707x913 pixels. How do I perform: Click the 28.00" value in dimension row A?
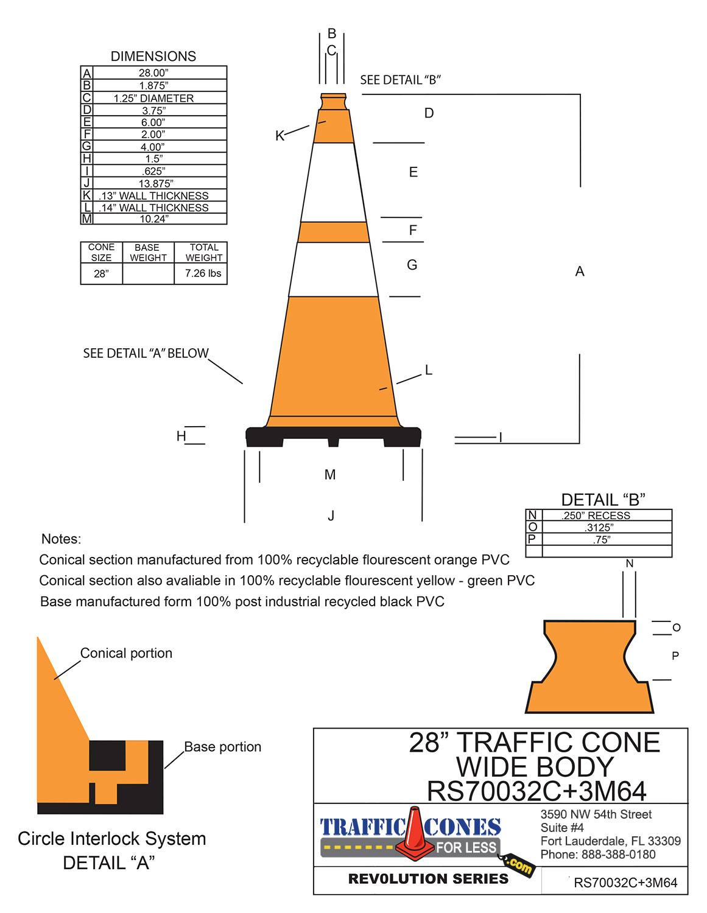[153, 73]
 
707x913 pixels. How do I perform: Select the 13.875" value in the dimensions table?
[156, 183]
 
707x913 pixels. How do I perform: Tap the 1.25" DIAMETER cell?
[153, 98]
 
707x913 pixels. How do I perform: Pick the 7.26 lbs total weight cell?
[203, 273]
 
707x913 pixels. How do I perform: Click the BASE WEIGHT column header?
[147, 253]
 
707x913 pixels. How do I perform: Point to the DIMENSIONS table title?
[153, 57]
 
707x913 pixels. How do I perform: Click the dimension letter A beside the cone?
[580, 271]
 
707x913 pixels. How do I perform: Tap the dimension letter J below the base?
[331, 516]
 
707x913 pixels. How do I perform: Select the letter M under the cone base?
[330, 475]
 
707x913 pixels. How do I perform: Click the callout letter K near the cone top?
[280, 136]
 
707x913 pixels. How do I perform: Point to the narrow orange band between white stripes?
[334, 232]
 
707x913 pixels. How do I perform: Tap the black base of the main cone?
[333, 436]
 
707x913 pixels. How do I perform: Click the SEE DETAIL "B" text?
[400, 80]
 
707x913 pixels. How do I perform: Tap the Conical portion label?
[126, 653]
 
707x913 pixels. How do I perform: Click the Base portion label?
[222, 747]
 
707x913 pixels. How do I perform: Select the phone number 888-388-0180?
[618, 855]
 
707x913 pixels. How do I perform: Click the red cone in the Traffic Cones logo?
[415, 831]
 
